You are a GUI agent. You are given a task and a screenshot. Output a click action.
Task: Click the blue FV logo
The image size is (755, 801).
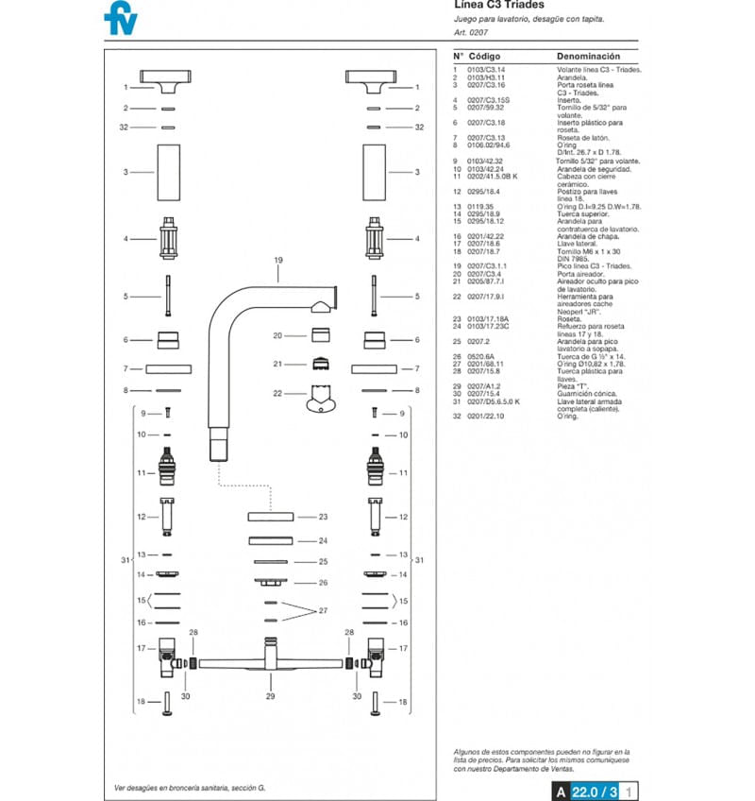coord(119,18)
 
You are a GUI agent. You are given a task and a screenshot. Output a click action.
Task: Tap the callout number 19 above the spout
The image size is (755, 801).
coord(278,260)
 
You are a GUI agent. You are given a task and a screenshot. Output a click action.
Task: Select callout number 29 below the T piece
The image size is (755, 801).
coord(272,696)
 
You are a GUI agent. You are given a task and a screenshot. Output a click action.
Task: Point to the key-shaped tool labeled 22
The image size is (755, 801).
coord(320,400)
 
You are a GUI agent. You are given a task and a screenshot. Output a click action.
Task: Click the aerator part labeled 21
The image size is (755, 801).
coord(320,364)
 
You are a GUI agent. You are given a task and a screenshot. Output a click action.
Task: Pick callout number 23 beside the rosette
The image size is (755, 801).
coord(323,517)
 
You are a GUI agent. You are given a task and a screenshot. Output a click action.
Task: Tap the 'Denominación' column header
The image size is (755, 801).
coord(588,56)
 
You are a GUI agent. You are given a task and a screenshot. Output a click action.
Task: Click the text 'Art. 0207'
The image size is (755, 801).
coord(472,32)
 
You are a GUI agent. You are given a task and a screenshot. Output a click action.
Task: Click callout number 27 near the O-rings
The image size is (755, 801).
coord(323,611)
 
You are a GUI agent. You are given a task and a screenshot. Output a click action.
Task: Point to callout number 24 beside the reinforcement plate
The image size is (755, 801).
coord(323,541)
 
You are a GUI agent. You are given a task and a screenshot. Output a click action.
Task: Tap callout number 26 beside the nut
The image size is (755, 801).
coord(323,583)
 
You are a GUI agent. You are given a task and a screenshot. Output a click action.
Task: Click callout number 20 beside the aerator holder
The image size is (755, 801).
coord(278,335)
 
